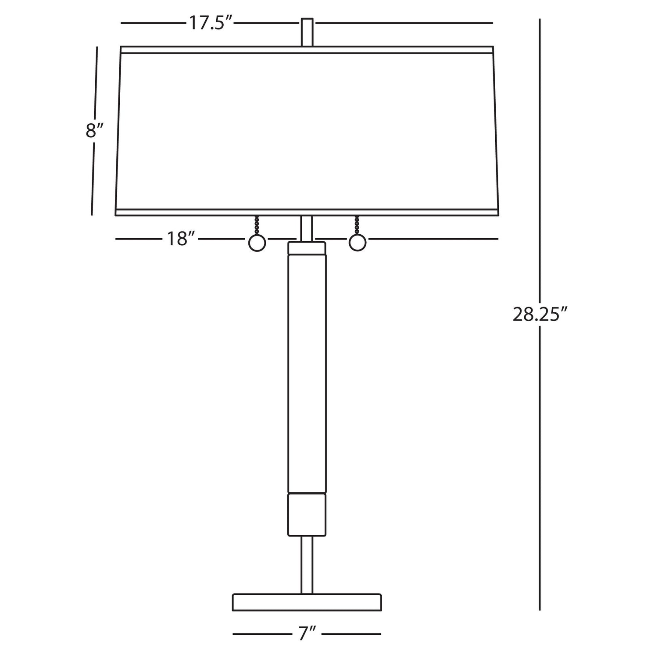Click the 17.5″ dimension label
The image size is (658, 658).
click(210, 23)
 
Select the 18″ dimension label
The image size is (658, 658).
click(180, 239)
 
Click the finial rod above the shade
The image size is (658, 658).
click(307, 32)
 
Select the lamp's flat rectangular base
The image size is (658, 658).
click(307, 602)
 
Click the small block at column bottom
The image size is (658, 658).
click(307, 515)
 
